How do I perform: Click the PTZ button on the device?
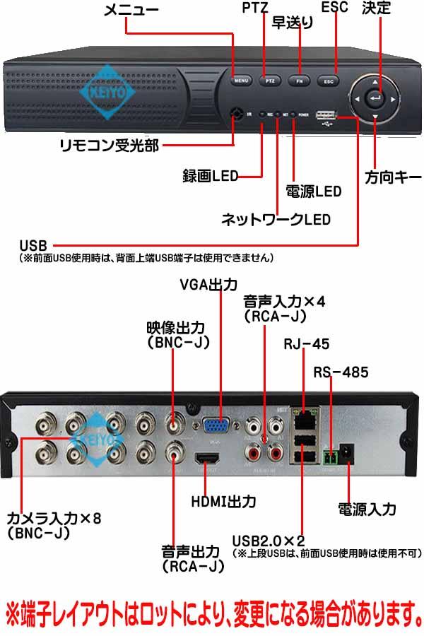pos(269,81)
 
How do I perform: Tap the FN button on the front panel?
pos(299,81)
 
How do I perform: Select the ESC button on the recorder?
pos(328,81)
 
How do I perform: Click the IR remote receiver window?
pos(235,112)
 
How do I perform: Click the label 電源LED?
pos(313,192)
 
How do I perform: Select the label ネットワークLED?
pos(276,219)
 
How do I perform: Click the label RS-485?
pos(341,372)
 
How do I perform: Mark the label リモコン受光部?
pos(109,146)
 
